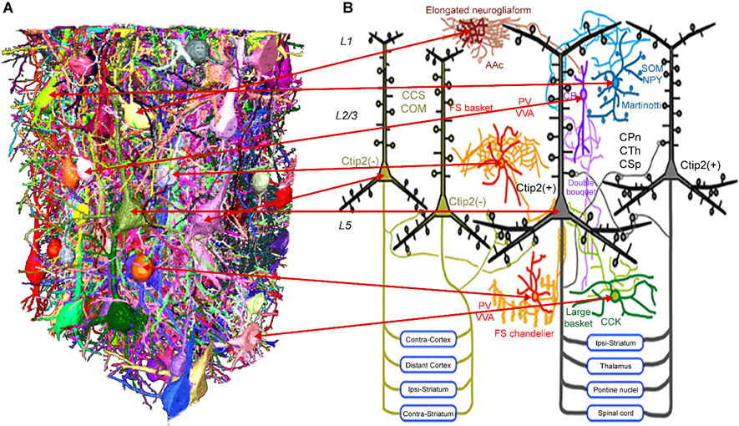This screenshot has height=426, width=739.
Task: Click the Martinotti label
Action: coord(649,105)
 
